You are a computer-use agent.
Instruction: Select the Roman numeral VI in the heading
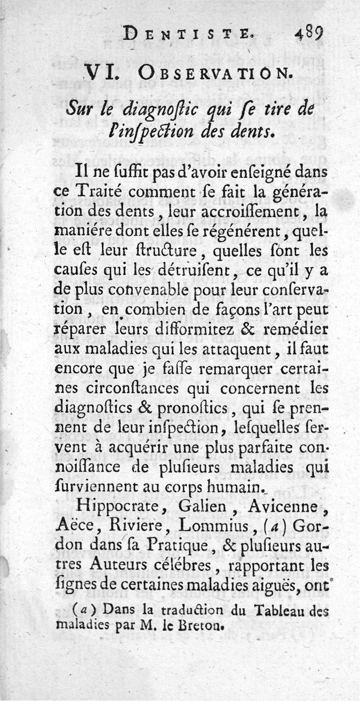102,72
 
